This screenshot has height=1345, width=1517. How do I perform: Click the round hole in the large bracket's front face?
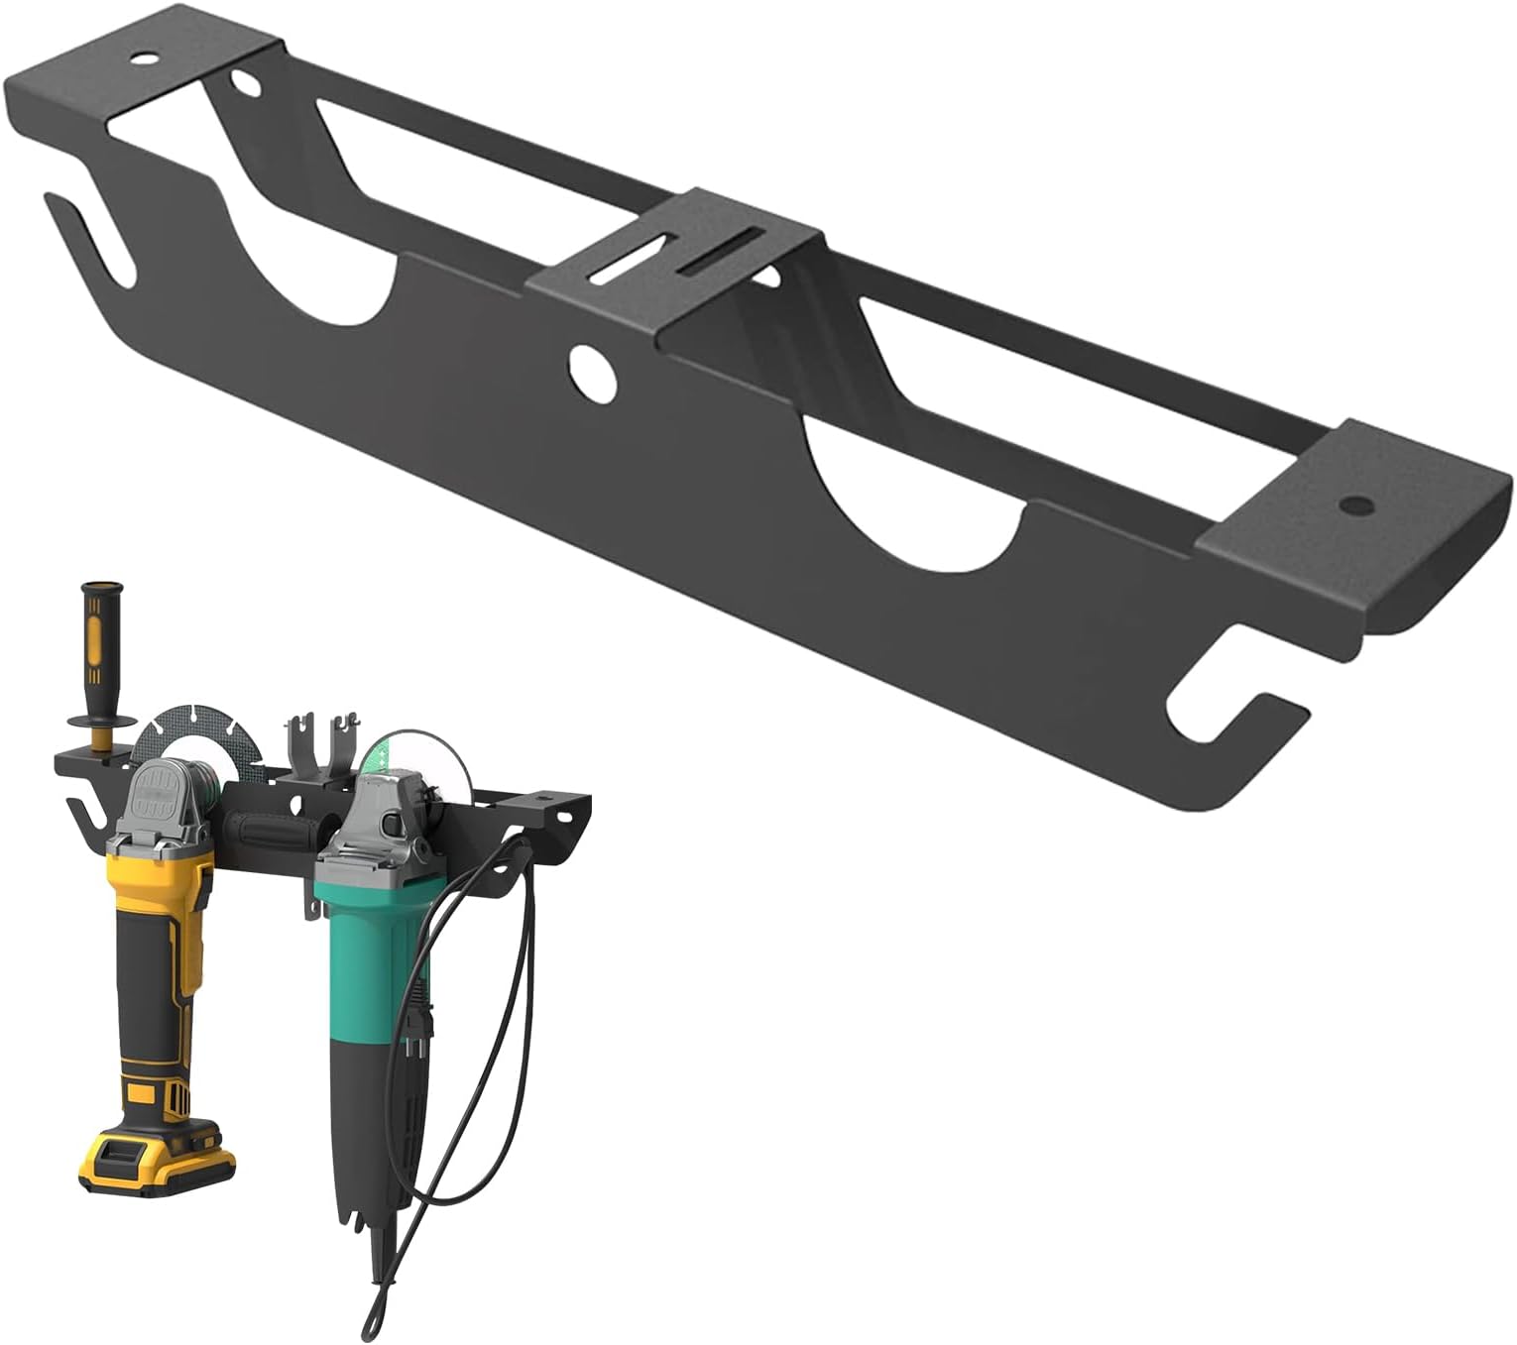tap(592, 369)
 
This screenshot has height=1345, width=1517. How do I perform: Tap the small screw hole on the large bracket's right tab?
tap(1350, 504)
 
